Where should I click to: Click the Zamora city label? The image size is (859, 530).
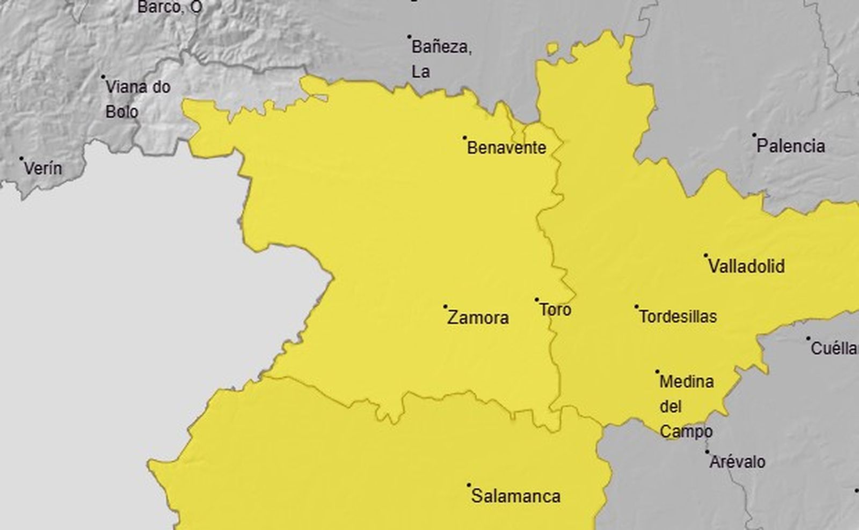[478, 318]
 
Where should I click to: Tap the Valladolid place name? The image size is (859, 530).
[746, 266]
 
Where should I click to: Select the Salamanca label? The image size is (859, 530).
[516, 496]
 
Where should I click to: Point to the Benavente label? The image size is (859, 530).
[506, 148]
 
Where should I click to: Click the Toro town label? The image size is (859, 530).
[555, 310]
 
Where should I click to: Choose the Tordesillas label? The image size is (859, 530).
[678, 316]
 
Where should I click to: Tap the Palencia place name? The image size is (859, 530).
[791, 146]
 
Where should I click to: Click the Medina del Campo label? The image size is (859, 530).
[686, 407]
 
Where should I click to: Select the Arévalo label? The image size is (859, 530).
[738, 462]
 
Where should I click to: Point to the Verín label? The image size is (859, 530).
[43, 168]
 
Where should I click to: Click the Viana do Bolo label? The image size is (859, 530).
[137, 99]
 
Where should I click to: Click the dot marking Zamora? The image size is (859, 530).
[445, 307]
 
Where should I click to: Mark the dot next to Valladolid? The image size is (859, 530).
[706, 255]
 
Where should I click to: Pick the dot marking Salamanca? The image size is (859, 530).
[469, 485]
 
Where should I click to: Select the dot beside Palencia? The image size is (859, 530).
[754, 135]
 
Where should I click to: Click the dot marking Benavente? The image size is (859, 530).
[465, 138]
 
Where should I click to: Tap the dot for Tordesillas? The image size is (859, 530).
[637, 307]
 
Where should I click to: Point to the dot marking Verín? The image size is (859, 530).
[21, 159]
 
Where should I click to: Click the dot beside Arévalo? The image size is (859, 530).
[707, 452]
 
